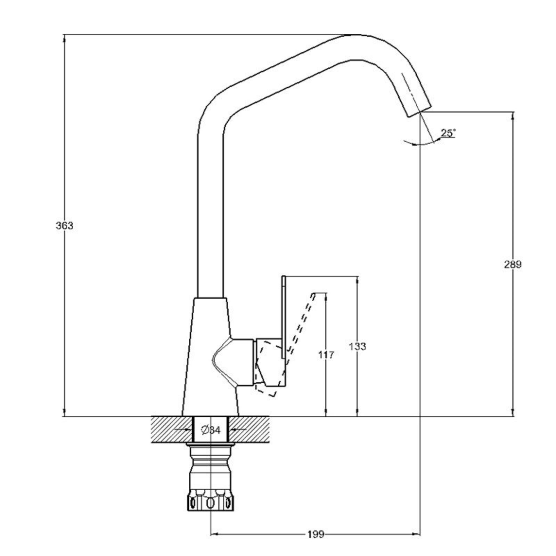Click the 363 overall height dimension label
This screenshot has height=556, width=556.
coord(65,226)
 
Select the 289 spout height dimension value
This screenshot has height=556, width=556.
coord(513,264)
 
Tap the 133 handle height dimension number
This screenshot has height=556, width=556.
coord(357,346)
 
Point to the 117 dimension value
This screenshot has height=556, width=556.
coord(326,355)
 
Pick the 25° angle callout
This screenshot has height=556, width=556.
coord(448,133)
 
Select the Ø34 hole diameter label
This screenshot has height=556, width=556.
coord(211,430)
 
